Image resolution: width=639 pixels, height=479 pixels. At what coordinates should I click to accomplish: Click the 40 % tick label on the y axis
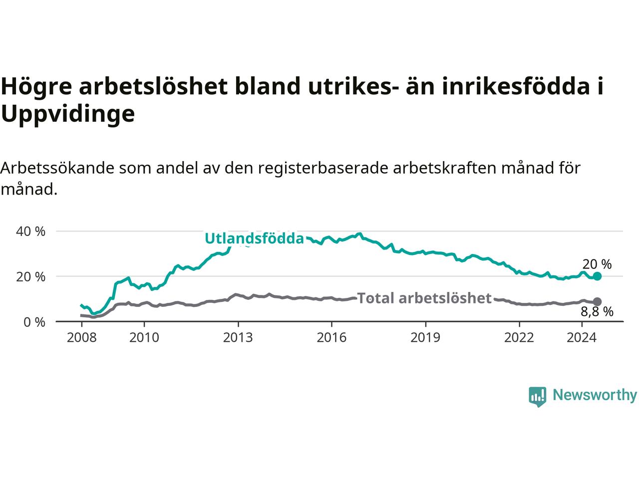[30, 232]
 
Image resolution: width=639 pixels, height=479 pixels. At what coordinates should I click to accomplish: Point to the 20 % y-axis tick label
[30, 277]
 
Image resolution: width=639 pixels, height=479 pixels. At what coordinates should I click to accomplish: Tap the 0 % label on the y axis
[34, 322]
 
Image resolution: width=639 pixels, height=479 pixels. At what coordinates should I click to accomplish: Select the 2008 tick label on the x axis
[81, 338]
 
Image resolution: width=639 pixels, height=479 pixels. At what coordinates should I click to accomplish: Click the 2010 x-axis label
[144, 338]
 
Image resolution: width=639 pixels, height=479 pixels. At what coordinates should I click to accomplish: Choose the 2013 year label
[238, 338]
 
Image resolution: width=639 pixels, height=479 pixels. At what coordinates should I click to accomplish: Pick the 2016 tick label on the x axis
[331, 338]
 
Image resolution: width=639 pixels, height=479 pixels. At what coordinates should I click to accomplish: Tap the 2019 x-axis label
[425, 338]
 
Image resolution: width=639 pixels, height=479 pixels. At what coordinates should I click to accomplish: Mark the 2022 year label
[519, 338]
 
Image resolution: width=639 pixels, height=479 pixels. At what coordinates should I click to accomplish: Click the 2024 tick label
[582, 338]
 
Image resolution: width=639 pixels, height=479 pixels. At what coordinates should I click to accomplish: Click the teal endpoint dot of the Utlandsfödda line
[597, 276]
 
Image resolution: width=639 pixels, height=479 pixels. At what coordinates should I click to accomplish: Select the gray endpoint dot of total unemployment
[597, 301]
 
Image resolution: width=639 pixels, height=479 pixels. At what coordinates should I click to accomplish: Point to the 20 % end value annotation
[597, 264]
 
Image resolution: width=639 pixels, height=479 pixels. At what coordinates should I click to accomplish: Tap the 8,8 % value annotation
[597, 312]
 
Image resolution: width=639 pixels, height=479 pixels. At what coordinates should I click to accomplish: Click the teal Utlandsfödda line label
[255, 239]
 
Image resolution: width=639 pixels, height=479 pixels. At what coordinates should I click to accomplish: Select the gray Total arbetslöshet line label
[424, 298]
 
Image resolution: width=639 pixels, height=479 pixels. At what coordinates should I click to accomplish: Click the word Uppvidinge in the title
[68, 114]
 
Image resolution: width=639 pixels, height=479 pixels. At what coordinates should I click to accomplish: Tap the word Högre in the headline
[36, 86]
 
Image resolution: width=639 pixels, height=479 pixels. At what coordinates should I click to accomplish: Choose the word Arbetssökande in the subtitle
[57, 168]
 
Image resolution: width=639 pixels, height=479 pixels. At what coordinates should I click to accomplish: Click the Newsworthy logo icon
[537, 397]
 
